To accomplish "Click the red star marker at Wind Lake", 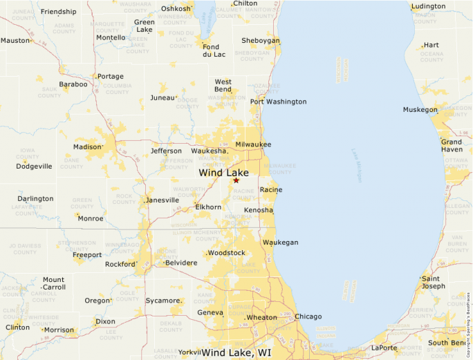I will (236, 180).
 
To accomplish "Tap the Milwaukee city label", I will (253, 144).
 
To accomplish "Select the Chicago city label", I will (308, 316).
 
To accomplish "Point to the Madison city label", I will (87, 146).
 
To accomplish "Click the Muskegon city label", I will (420, 110).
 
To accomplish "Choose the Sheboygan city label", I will (261, 41).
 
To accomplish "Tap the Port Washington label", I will (278, 102).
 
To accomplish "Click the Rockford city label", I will (120, 264).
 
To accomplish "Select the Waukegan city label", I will (280, 243).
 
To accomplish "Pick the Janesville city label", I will (163, 200).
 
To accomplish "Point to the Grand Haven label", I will (452, 146).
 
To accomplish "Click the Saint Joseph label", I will (434, 282).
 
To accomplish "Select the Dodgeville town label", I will (35, 166).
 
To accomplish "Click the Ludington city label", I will (428, 7).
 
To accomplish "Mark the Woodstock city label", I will (227, 253).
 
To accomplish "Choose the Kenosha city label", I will (258, 210).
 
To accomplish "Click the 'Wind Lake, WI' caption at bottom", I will (236, 352).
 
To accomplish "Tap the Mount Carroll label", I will (54, 283).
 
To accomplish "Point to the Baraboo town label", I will (73, 84).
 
